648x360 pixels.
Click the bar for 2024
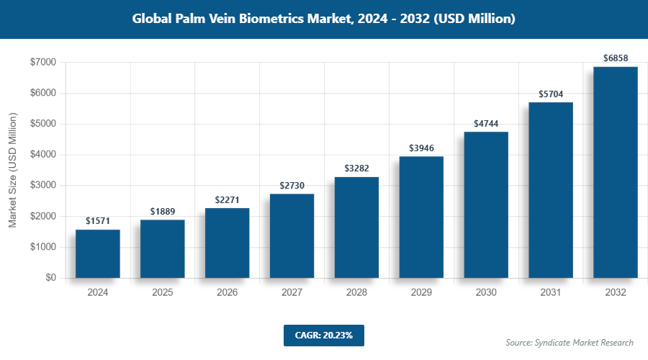[98, 253]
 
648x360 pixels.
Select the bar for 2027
[292, 235]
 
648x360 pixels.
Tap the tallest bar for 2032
[616, 172]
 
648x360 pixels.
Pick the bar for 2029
[421, 217]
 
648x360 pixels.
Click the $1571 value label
[98, 220]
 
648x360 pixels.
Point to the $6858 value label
[616, 57]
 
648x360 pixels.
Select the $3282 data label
[356, 168]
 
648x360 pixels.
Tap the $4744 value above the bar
[486, 123]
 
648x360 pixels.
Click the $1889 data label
[163, 211]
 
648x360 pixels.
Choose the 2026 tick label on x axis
[228, 293]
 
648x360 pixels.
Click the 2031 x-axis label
[551, 293]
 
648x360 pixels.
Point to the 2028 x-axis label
[356, 293]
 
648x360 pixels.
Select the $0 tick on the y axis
[51, 278]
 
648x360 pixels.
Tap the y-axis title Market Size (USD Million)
[12, 171]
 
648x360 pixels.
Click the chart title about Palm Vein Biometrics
[324, 19]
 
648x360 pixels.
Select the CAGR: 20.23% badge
[323, 335]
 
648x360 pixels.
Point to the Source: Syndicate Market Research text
[570, 342]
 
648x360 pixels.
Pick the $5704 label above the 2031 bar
[551, 94]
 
